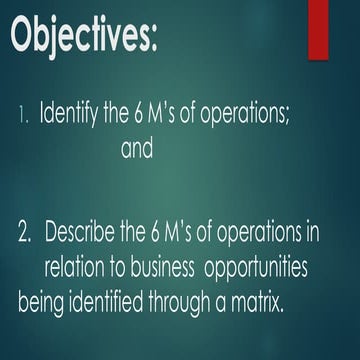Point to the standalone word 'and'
(x=137, y=152)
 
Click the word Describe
(x=94, y=234)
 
